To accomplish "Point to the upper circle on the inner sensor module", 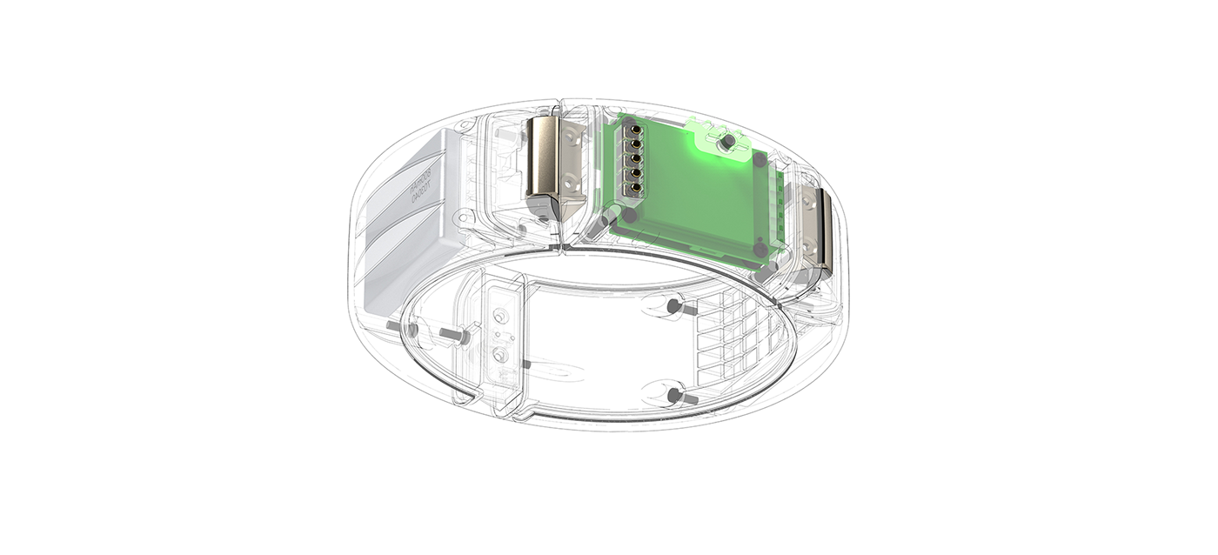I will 499,315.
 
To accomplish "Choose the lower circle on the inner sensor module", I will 500,355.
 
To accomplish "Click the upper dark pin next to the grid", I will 674,306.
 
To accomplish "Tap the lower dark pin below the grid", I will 674,397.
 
